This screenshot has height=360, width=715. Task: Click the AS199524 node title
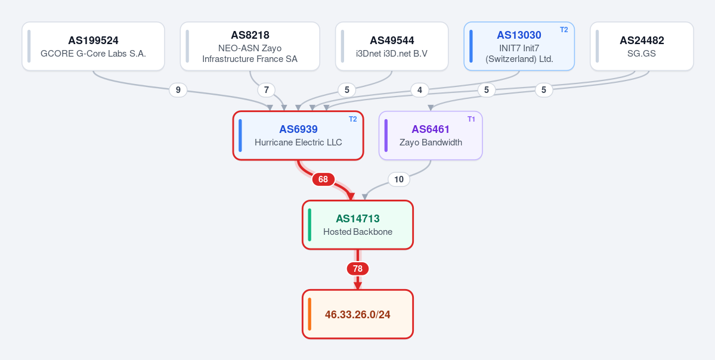click(93, 41)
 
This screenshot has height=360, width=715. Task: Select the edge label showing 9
click(178, 90)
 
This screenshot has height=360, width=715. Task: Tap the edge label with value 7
click(267, 90)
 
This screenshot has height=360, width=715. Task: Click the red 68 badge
click(323, 179)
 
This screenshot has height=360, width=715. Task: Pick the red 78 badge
click(358, 269)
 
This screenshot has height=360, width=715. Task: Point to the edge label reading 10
click(399, 179)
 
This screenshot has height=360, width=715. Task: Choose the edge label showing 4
click(419, 90)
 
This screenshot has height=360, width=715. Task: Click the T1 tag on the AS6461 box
click(472, 119)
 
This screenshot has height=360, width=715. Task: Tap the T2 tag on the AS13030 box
click(564, 30)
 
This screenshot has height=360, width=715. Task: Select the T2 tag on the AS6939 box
click(353, 119)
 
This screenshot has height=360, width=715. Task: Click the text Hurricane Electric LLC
click(298, 142)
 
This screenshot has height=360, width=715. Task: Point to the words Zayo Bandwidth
click(431, 142)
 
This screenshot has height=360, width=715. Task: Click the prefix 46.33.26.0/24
click(358, 315)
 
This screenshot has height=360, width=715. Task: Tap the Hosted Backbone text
click(358, 232)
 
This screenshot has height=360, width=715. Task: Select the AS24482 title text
click(642, 41)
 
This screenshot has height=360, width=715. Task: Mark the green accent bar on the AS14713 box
click(309, 225)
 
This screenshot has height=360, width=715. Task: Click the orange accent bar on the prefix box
click(309, 314)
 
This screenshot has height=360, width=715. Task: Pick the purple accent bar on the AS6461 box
click(386, 135)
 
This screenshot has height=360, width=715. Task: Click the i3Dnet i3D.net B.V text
click(392, 53)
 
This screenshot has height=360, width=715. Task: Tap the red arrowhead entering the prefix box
click(358, 285)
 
